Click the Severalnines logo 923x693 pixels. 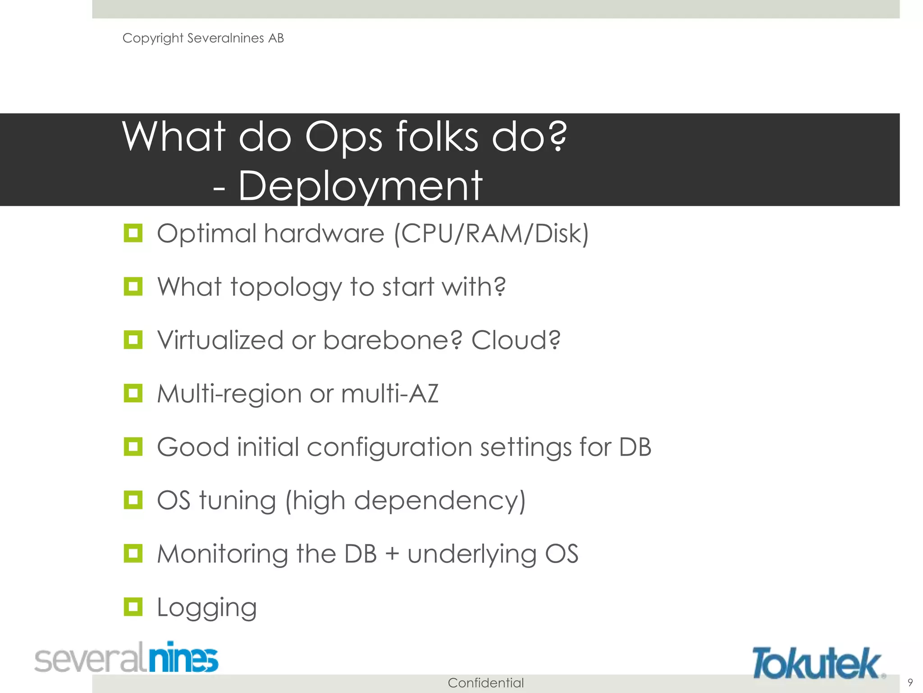click(x=126, y=658)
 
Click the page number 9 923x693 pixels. click(x=910, y=682)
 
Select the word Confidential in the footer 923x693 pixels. click(x=485, y=683)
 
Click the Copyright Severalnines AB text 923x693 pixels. click(x=203, y=38)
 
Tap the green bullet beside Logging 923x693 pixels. click(x=133, y=607)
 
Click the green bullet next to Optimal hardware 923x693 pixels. click(x=133, y=233)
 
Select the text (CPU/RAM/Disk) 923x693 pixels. click(x=491, y=234)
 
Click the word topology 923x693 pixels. click(x=286, y=287)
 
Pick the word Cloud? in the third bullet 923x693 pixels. click(x=516, y=340)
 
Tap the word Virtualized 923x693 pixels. click(x=220, y=340)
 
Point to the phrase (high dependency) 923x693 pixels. click(x=405, y=501)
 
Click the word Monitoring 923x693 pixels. click(x=222, y=554)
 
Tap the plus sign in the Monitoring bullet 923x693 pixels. click(x=392, y=554)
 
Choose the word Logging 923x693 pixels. click(x=206, y=608)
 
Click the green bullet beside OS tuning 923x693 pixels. click(x=133, y=500)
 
